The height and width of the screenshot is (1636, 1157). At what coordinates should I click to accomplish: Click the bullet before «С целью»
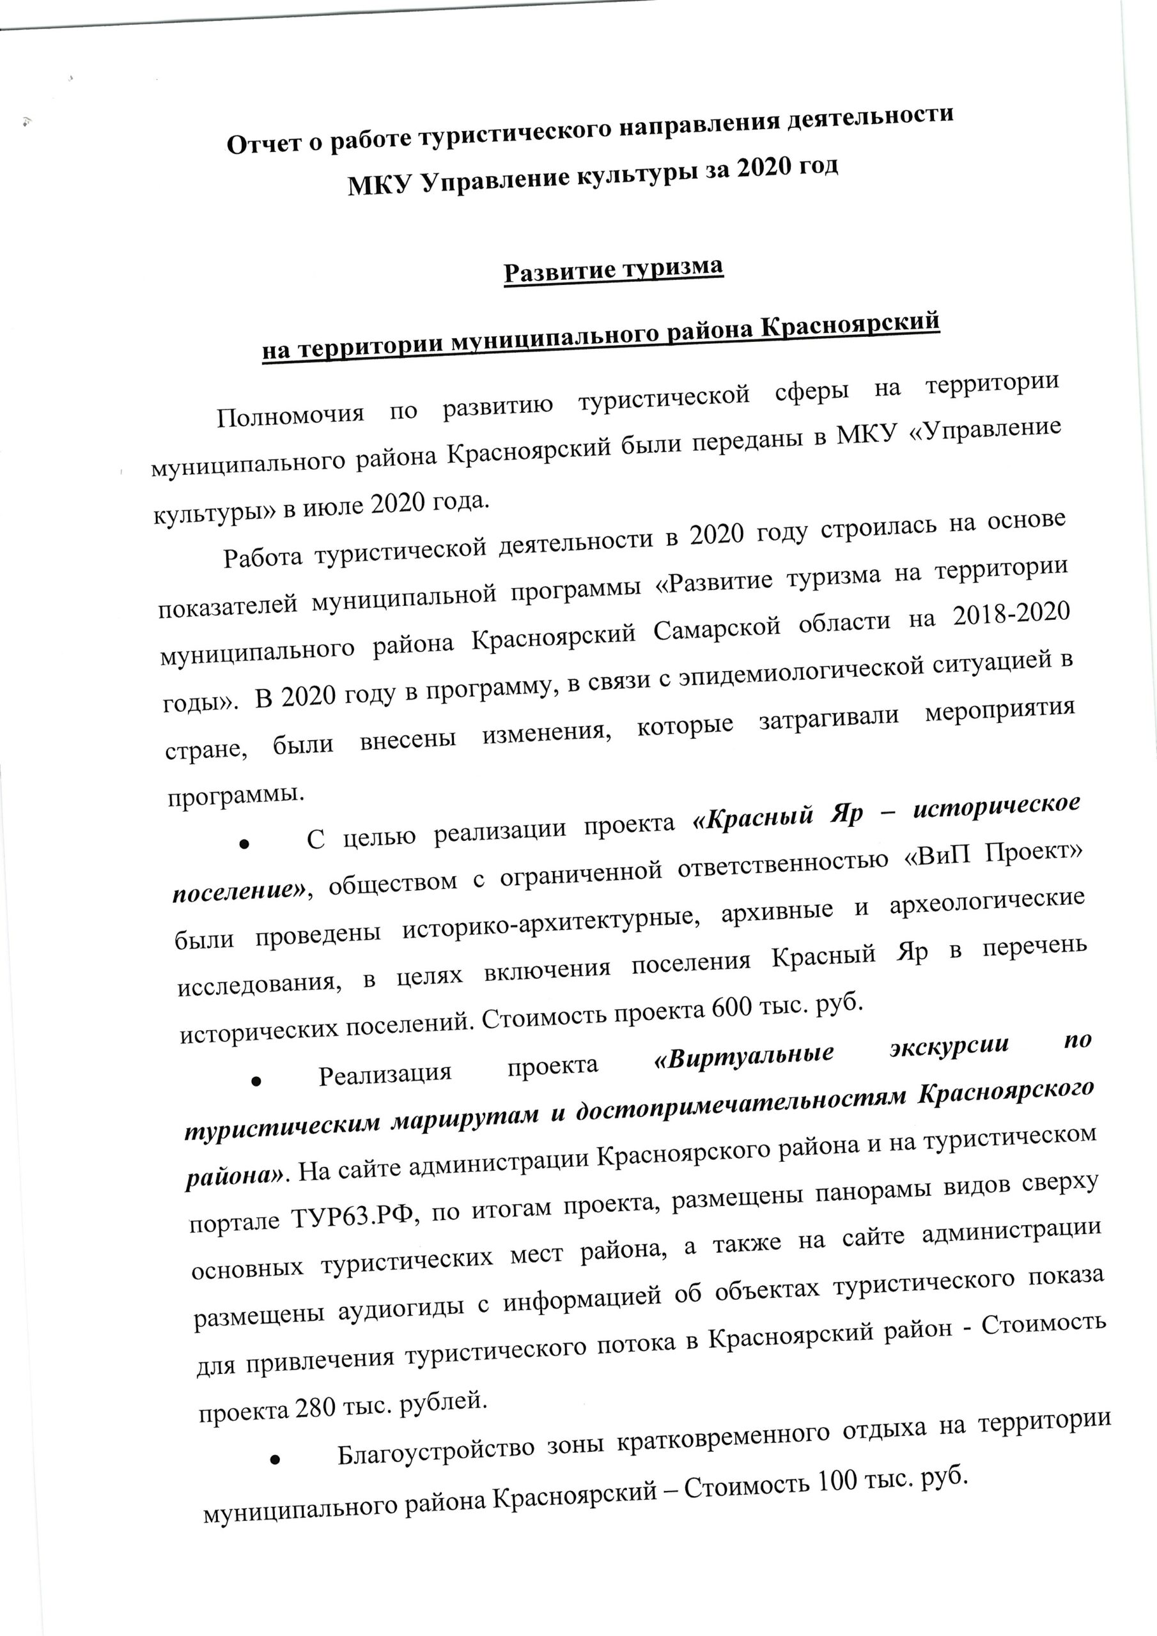(x=243, y=844)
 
